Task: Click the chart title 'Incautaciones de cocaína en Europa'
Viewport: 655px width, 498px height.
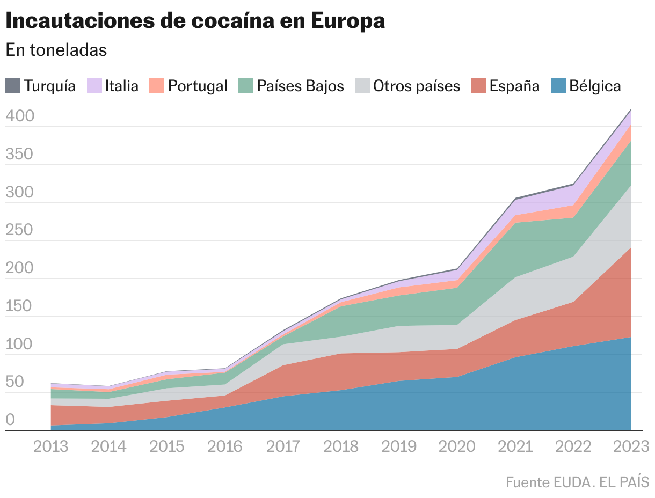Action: pyautogui.click(x=195, y=21)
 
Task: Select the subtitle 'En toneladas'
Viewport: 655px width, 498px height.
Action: pyautogui.click(x=56, y=50)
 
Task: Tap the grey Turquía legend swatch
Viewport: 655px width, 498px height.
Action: pyautogui.click(x=13, y=86)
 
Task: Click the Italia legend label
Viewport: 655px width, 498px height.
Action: pyautogui.click(x=122, y=86)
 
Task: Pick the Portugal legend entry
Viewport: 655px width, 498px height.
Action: pyautogui.click(x=198, y=86)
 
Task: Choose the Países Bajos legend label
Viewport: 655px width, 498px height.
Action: pyautogui.click(x=300, y=86)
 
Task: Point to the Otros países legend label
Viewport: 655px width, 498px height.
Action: pyautogui.click(x=417, y=86)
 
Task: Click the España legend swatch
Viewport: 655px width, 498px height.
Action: pyautogui.click(x=479, y=86)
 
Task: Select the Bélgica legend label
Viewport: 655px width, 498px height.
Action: pyautogui.click(x=595, y=86)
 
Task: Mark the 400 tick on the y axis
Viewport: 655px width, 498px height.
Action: pyautogui.click(x=20, y=116)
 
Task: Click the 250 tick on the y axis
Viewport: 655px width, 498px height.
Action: pyautogui.click(x=20, y=231)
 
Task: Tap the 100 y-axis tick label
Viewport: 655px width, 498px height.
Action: pyautogui.click(x=20, y=345)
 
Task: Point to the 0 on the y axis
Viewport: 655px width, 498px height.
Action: pyautogui.click(x=10, y=421)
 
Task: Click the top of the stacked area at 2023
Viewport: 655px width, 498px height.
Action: pyautogui.click(x=630, y=109)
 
